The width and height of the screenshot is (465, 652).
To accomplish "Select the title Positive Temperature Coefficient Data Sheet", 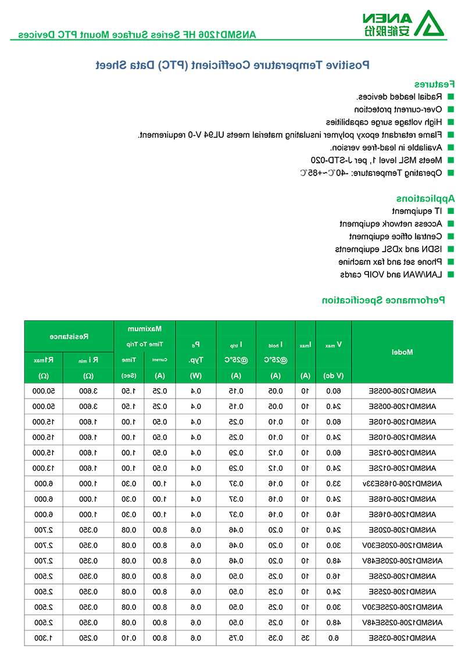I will (233, 65).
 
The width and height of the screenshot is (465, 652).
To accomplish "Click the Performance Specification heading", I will (384, 300).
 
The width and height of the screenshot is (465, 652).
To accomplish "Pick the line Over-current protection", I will (398, 109).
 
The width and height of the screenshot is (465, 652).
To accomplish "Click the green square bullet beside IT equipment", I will (450, 211).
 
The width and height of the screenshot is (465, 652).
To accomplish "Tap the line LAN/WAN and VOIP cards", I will (391, 274).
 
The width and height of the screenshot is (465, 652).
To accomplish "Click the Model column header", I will (402, 352).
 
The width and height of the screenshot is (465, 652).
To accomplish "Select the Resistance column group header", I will (69, 336).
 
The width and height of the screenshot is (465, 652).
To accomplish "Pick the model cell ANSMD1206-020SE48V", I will (405, 561).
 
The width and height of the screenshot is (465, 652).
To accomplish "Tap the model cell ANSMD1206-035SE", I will (413, 638).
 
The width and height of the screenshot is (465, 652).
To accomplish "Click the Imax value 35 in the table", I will (305, 638).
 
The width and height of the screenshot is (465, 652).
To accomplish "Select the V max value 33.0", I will (333, 483).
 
